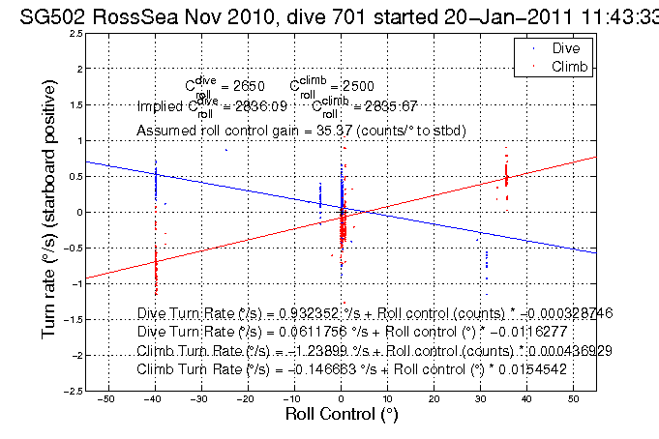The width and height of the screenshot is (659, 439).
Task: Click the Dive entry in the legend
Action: pyautogui.click(x=566, y=47)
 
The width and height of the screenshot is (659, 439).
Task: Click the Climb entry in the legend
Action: pyautogui.click(x=568, y=65)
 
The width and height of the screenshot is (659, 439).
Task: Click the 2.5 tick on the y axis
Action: pyautogui.click(x=75, y=34)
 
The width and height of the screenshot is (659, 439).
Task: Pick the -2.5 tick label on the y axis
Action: pyautogui.click(x=73, y=391)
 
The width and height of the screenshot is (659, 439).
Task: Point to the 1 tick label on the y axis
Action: pyautogui.click(x=77, y=140)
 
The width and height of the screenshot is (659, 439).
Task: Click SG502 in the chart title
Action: pyautogui.click(x=48, y=14)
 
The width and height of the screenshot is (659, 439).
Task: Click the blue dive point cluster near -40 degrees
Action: pyautogui.click(x=155, y=184)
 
